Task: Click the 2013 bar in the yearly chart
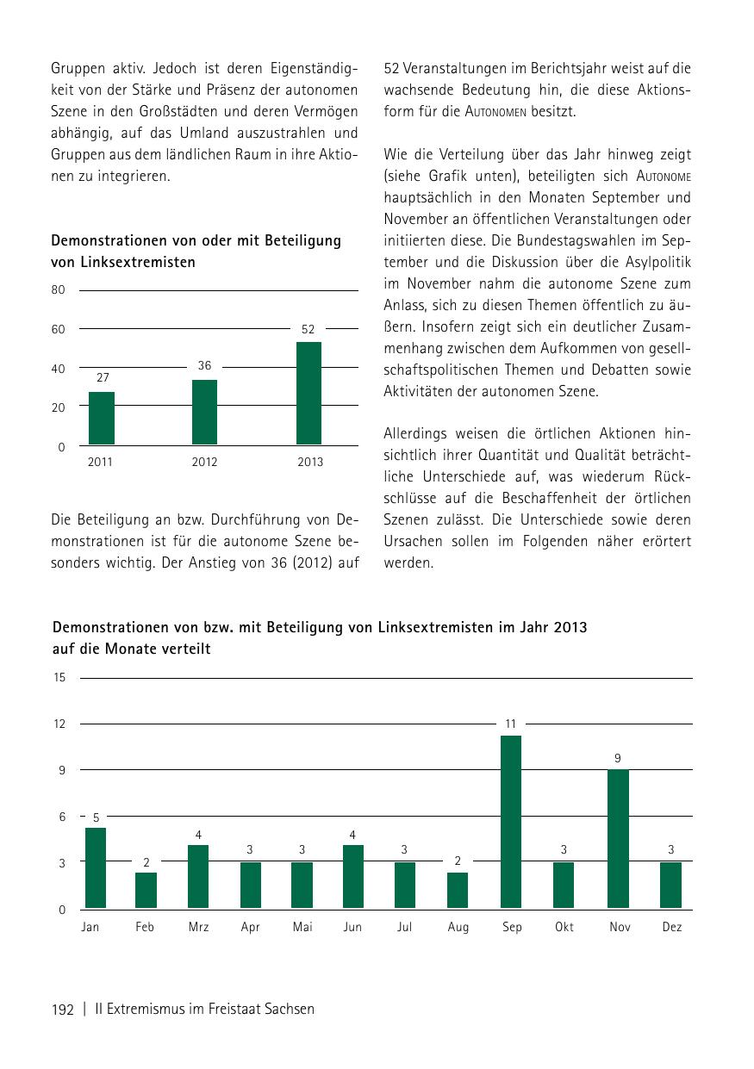coord(308,394)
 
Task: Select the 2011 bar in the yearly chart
coord(102,419)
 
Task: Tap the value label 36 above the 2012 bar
coord(204,366)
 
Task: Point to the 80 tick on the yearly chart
coord(59,290)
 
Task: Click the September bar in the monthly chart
coord(510,822)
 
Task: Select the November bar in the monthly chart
coord(618,839)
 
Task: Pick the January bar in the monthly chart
coord(95,868)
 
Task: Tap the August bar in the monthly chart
coord(458,891)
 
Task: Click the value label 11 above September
coord(510,724)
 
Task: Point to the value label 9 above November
coord(618,758)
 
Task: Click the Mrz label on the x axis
coord(198,928)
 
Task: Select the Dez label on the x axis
coord(672,928)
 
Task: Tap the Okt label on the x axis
coord(564,928)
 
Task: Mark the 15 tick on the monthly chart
coord(59,678)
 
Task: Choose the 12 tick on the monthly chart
coord(59,724)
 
